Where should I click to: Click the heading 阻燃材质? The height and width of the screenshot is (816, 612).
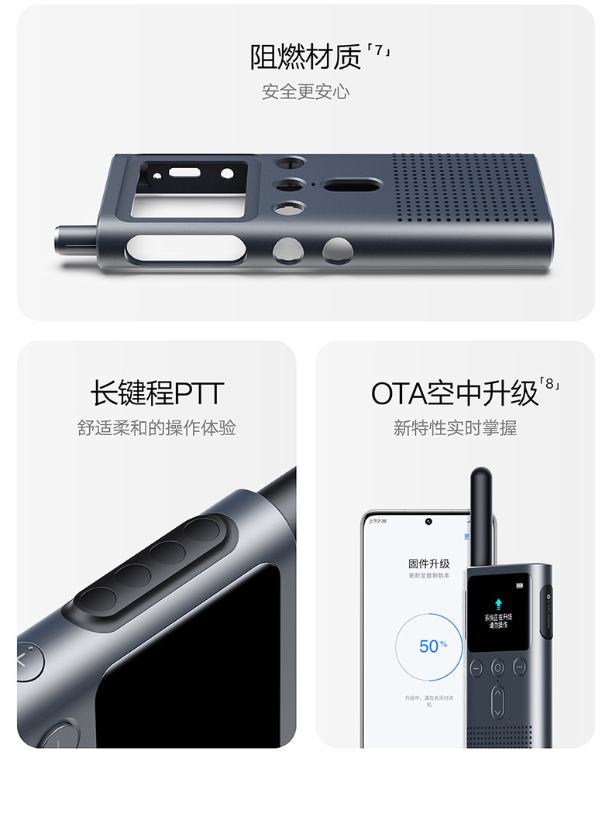306,56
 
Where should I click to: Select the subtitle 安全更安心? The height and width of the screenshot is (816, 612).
305,92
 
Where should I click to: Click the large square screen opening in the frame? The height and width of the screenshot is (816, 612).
187,188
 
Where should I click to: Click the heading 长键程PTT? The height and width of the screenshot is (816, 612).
156,393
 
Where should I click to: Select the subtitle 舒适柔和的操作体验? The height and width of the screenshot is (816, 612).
156,428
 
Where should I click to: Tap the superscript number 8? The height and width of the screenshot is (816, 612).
551,384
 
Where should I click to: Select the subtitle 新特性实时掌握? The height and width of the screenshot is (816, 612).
455,428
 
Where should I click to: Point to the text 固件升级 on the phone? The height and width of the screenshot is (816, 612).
428,564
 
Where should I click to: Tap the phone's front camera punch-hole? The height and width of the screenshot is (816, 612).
428,521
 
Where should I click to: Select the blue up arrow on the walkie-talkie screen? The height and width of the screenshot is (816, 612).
498,602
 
